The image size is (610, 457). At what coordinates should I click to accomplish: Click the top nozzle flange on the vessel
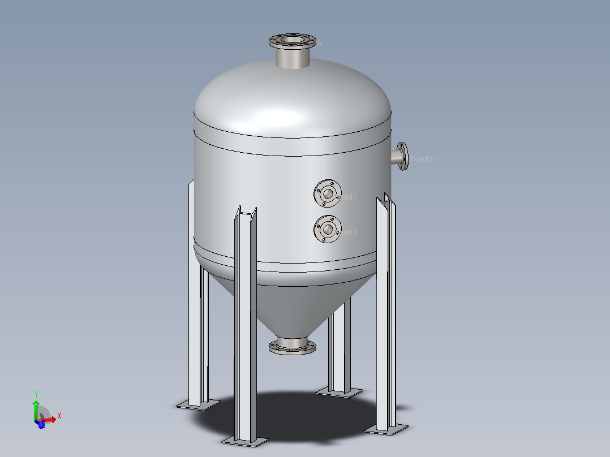pos(293,41)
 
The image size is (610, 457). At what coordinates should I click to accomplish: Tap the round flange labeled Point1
pos(328,194)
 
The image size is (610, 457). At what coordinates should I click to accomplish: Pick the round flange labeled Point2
pos(328,230)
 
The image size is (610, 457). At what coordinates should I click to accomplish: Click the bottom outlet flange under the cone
pos(292,346)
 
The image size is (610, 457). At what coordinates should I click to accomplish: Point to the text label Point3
pos(422,159)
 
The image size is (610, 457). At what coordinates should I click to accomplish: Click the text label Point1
pos(347,197)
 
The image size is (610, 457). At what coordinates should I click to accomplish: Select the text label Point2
pos(347,232)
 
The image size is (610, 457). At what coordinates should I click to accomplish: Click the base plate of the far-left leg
pos(198,404)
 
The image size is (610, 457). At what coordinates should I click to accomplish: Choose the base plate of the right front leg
pos(385,429)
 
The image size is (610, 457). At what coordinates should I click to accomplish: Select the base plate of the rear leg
pos(340,391)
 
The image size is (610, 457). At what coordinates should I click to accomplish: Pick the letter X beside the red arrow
pos(59,416)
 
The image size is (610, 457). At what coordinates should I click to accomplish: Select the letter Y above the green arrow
pos(36,394)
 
